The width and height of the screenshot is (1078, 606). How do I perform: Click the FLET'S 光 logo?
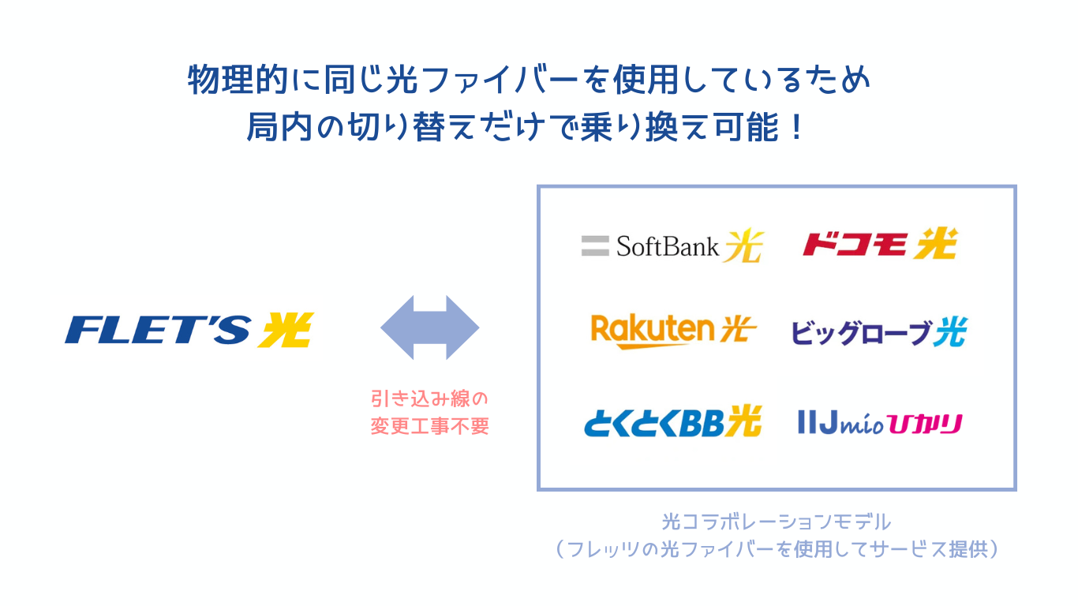(x=189, y=329)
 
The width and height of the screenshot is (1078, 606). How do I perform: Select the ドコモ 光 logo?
(x=879, y=245)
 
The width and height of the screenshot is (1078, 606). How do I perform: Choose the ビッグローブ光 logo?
(x=878, y=332)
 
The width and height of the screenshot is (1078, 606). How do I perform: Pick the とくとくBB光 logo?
(x=672, y=421)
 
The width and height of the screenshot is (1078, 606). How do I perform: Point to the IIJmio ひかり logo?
(x=880, y=423)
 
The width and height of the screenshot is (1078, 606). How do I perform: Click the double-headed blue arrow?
(x=430, y=327)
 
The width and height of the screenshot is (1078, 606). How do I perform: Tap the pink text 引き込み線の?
(x=430, y=398)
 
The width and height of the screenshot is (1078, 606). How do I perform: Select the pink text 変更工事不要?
(x=430, y=426)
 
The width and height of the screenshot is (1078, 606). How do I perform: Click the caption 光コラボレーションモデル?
(x=777, y=522)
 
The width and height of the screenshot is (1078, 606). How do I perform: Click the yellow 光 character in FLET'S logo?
(x=286, y=329)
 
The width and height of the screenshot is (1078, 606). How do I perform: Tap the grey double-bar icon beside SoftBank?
(x=595, y=246)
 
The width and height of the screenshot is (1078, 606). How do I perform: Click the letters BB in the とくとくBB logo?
(x=704, y=422)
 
